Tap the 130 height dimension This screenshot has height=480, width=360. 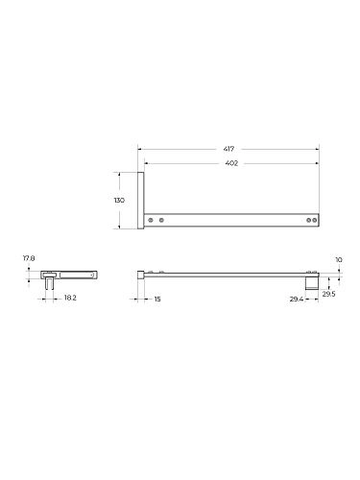(x=119, y=201)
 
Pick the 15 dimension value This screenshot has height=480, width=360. (x=157, y=299)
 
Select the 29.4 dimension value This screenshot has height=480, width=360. (x=297, y=299)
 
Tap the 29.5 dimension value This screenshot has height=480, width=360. (x=329, y=295)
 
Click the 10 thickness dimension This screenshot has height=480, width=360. (x=338, y=259)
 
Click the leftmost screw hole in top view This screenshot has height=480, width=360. (x=150, y=221)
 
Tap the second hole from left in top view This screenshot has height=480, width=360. (x=161, y=221)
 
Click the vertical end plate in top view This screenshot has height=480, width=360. (x=141, y=201)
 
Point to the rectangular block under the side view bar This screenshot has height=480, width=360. (x=311, y=283)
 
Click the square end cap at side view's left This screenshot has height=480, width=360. (x=141, y=274)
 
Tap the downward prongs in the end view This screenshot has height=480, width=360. (x=48, y=283)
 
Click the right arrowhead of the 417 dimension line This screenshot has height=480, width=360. (x=318, y=150)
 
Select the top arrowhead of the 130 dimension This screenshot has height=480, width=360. (x=119, y=174)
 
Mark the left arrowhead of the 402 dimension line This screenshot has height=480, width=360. (x=147, y=164)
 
